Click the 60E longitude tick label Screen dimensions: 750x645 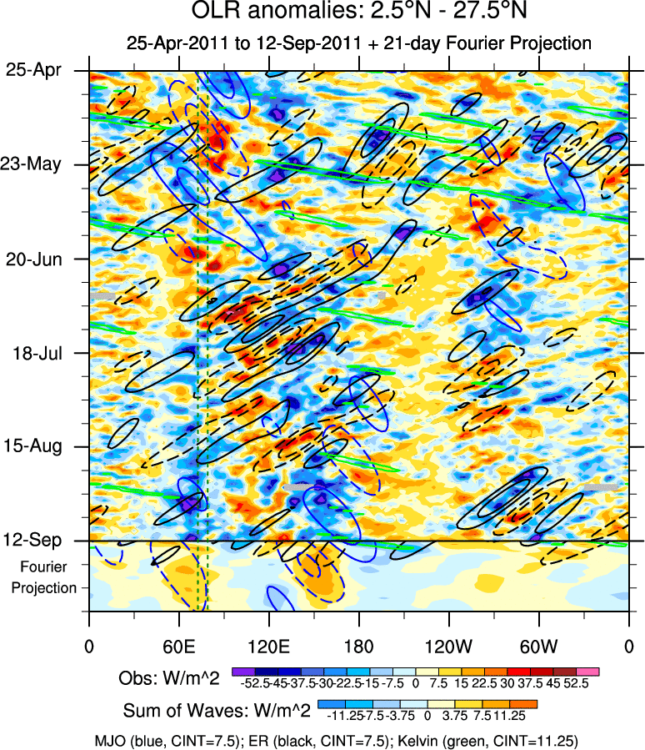coord(179,646)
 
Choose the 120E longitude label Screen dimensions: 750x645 coord(268,646)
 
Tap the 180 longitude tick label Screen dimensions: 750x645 coord(358,646)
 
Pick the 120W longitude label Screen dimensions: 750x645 coord(448,646)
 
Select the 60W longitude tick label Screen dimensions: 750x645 coord(538,646)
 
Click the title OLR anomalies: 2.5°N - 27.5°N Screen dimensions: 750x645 coord(358,13)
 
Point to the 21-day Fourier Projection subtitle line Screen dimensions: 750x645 coord(358,43)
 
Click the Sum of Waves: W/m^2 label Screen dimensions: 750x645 coord(217,711)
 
